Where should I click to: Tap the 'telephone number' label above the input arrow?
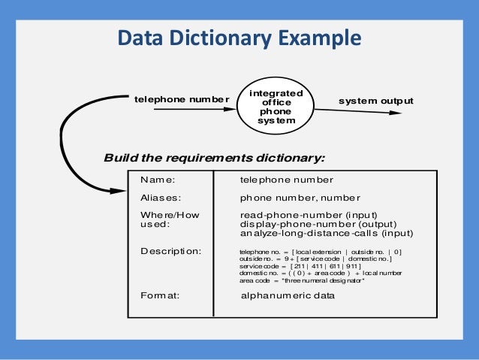coord(180,99)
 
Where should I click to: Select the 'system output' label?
coord(375,101)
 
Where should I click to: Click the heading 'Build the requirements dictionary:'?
coord(214,158)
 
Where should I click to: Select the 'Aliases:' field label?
coord(161,198)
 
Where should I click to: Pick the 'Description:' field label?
coord(170,250)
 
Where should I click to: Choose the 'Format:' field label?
coord(159,295)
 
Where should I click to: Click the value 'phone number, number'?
coord(300,198)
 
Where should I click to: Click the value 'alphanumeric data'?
coord(288,295)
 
